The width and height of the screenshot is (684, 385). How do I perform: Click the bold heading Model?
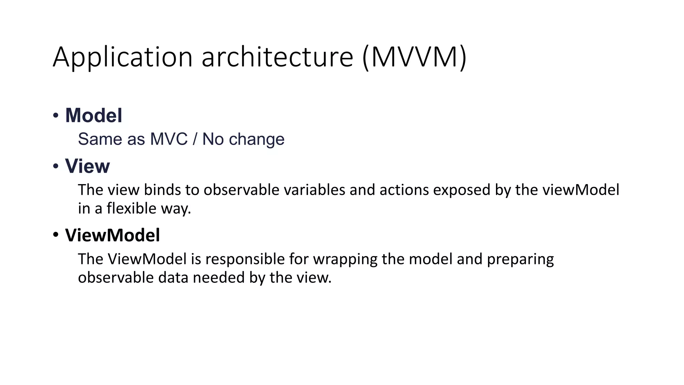click(x=94, y=116)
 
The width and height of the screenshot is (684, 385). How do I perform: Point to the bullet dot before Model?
click(x=56, y=116)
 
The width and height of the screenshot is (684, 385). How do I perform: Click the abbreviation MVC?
click(x=169, y=139)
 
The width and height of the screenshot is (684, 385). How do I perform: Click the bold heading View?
click(x=87, y=166)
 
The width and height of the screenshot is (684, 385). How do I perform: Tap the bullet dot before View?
click(x=56, y=166)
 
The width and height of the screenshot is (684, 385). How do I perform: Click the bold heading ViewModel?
click(x=112, y=235)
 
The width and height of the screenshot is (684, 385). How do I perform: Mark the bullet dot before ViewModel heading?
click(x=56, y=235)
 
